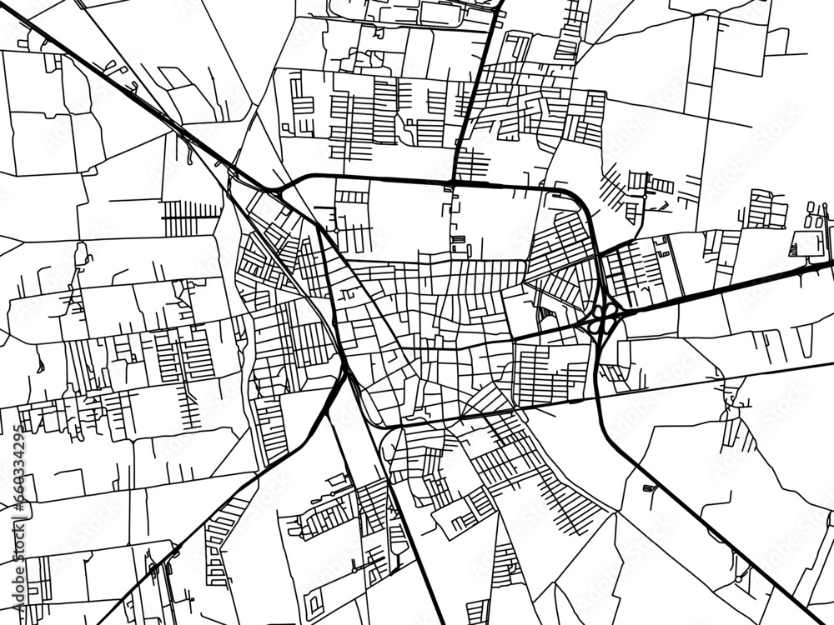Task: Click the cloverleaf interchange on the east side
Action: (605, 317)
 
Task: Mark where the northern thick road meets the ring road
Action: (451, 182)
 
